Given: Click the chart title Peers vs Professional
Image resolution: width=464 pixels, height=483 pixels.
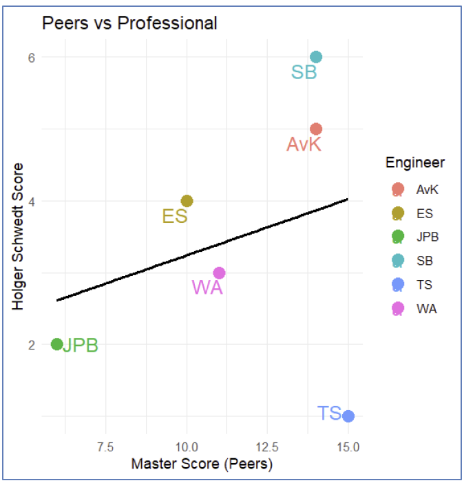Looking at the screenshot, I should coord(129,23).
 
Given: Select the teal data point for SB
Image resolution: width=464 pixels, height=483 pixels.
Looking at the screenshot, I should coord(316,57).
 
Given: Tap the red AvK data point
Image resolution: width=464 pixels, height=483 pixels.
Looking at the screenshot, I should coord(316,129).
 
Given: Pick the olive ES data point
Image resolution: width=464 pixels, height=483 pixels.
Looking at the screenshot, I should coord(187,201).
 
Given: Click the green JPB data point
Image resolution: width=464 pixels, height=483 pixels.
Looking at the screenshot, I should coord(57,344).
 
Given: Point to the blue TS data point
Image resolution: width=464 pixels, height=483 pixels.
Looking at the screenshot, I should coord(348,416).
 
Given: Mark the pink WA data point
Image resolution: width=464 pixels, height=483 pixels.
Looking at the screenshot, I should coord(219,272).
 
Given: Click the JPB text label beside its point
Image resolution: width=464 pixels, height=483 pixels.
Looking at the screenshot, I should coord(81,345).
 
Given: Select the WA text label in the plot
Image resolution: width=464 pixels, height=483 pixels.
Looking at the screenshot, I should coord(207,288).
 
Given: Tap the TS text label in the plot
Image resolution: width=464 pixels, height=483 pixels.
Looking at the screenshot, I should coord(330,413).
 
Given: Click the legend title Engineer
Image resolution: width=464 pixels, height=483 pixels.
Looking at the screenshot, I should coord(414,163).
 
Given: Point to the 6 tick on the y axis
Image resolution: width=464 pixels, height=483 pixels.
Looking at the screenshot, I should coord(31,57).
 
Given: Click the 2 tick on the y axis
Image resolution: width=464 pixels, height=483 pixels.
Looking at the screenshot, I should coord(31,344).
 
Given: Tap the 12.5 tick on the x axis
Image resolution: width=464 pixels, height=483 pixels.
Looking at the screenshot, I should coord(267,447).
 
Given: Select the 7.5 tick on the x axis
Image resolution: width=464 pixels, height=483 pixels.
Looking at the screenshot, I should coord(105,447).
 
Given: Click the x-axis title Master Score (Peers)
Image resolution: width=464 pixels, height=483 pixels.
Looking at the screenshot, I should coord(202,464).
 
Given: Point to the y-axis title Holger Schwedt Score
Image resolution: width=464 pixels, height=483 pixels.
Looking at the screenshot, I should coord(19,236).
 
